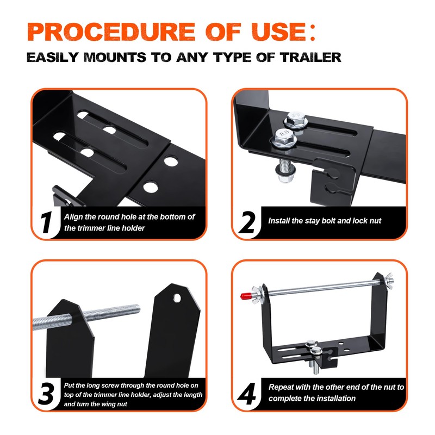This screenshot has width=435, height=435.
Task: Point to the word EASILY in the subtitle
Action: click(x=57, y=57)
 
